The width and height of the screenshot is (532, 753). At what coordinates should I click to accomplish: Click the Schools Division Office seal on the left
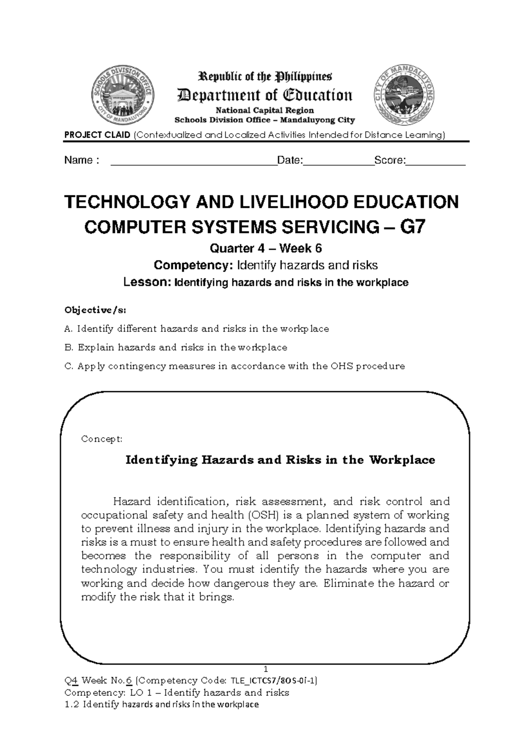pyautogui.click(x=122, y=98)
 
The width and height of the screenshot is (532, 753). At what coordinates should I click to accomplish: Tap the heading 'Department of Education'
pyautogui.click(x=265, y=95)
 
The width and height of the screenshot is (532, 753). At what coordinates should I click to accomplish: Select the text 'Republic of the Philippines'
pyautogui.click(x=265, y=77)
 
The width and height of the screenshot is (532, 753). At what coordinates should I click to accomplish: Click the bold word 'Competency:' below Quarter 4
pyautogui.click(x=193, y=266)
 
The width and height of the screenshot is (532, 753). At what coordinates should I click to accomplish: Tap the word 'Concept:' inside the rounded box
pyautogui.click(x=102, y=439)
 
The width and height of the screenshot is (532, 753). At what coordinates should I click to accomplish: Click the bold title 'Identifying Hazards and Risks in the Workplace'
pyautogui.click(x=280, y=460)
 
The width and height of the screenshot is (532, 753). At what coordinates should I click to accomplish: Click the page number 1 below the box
pyautogui.click(x=266, y=669)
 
